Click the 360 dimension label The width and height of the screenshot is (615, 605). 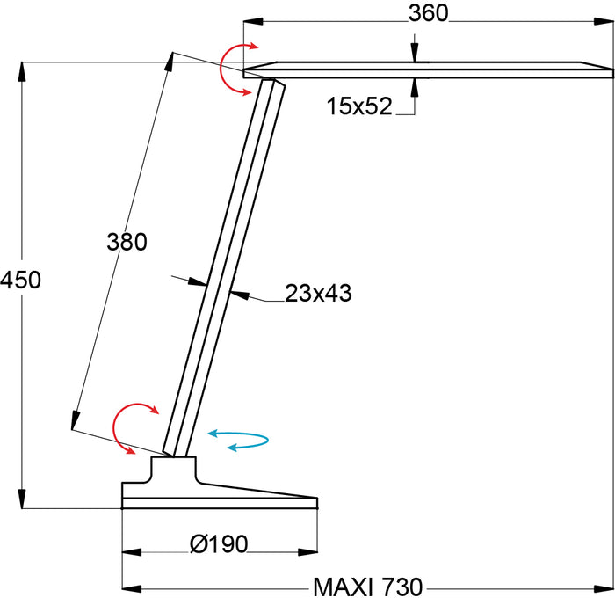tap(428, 13)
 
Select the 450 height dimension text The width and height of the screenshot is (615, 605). tap(20, 280)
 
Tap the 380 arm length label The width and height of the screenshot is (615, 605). tap(127, 242)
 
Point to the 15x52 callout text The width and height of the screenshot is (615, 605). tap(359, 106)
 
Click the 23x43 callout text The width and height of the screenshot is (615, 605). tap(318, 293)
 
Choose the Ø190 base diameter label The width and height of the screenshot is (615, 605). tap(219, 543)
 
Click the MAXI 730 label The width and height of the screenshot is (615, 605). tap(368, 587)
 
